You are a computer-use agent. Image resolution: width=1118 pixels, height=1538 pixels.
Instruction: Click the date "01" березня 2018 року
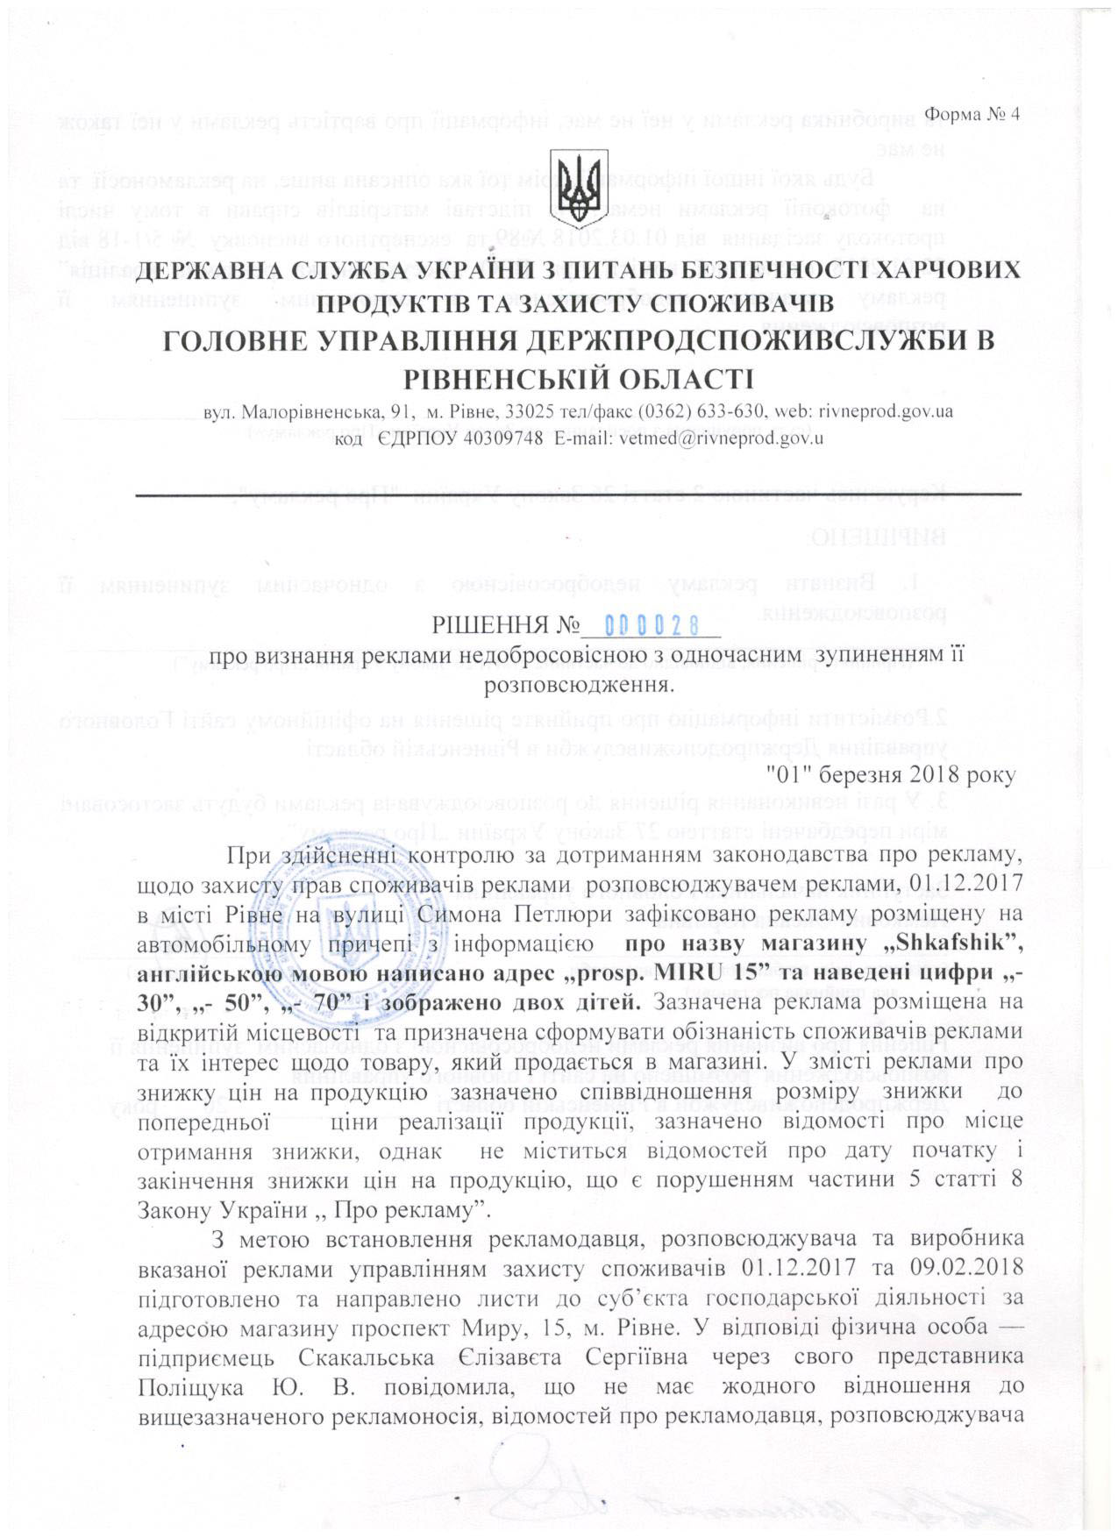[x=891, y=775]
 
